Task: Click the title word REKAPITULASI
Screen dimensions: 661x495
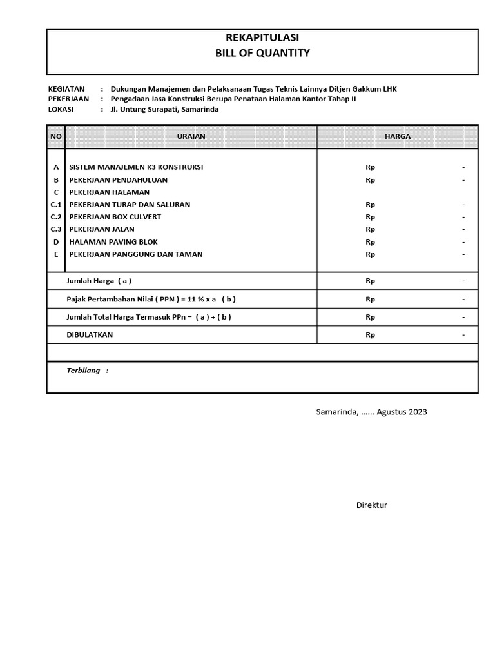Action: click(262, 38)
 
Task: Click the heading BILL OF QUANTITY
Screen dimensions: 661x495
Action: click(262, 53)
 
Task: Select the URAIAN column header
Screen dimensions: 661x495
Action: click(191, 137)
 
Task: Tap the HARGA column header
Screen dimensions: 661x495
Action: click(397, 137)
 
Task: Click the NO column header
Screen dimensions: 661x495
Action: click(56, 137)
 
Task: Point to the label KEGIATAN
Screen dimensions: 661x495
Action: click(66, 88)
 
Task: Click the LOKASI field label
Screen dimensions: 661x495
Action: click(61, 109)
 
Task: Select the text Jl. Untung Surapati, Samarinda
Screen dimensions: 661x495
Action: click(164, 109)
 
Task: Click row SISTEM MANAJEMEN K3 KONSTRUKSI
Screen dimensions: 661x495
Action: click(136, 167)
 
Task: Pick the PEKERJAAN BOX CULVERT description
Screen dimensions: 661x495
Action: click(115, 217)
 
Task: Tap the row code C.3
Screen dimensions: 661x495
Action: click(56, 229)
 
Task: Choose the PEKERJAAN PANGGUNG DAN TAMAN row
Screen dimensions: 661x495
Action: click(135, 254)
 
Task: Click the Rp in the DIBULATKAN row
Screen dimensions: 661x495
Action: click(370, 335)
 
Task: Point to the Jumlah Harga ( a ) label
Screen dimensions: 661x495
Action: click(99, 281)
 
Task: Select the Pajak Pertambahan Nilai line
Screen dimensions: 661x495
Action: click(151, 299)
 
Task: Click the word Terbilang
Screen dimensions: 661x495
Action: click(84, 371)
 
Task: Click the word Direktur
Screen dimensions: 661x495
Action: click(372, 505)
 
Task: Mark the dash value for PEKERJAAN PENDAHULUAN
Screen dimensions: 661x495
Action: click(463, 180)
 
